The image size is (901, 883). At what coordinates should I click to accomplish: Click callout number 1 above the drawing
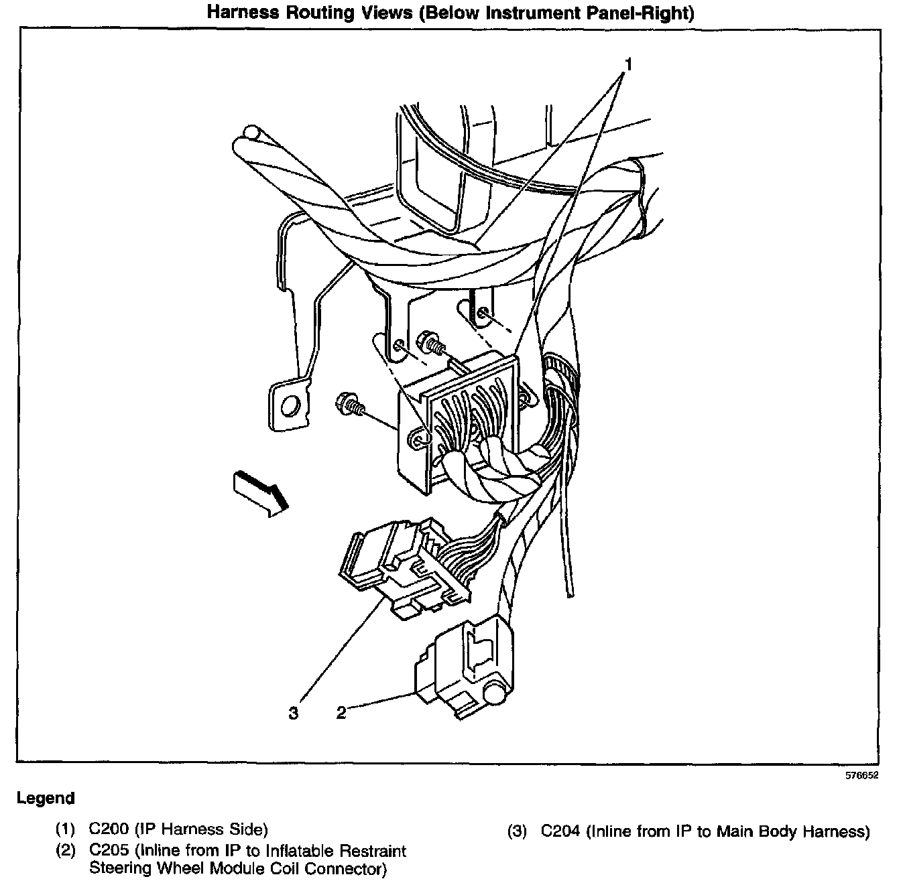coord(628,64)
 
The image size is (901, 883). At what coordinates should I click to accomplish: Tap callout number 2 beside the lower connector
coord(341,712)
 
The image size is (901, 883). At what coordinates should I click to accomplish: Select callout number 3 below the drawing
coord(293,713)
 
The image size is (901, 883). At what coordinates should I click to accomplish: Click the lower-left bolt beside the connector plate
coord(349,403)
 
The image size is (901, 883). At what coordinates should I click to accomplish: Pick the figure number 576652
coord(861,776)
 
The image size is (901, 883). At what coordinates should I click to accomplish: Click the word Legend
coord(46,799)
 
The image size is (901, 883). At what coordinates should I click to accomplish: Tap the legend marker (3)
coord(518,832)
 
